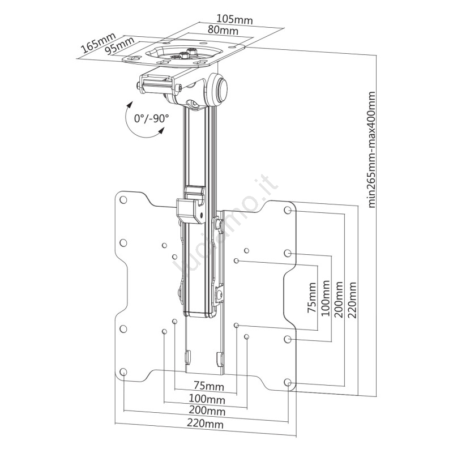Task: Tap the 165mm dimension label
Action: (x=97, y=44)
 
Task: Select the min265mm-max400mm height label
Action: (x=371, y=149)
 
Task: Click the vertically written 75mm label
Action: (x=313, y=295)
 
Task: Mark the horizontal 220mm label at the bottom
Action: (x=206, y=424)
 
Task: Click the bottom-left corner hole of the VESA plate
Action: (x=123, y=372)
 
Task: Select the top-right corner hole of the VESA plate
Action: (x=288, y=211)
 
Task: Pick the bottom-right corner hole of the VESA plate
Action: (x=288, y=383)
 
